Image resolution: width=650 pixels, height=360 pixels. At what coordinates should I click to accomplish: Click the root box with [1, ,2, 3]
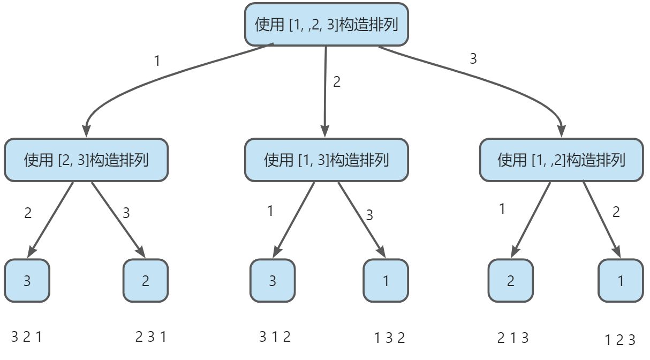[327, 25]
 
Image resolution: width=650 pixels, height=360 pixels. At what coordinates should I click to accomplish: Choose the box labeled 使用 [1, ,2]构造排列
[561, 160]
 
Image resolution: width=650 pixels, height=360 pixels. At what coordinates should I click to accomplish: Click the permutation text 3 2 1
[26, 337]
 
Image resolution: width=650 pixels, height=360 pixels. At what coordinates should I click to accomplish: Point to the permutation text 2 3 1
[151, 337]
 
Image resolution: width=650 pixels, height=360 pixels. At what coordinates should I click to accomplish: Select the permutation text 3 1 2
[275, 337]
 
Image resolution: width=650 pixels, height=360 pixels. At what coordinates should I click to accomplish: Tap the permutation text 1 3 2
[389, 338]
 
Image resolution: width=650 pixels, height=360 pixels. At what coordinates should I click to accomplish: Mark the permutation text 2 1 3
[513, 338]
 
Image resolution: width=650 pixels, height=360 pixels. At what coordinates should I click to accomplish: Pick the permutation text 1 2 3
[620, 340]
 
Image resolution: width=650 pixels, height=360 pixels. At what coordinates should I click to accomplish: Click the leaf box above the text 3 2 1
[27, 281]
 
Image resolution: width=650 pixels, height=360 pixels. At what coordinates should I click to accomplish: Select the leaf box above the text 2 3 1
[146, 281]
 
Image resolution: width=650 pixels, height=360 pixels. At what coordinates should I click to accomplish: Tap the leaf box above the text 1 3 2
[386, 281]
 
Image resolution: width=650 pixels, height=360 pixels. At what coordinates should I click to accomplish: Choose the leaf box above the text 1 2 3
[621, 281]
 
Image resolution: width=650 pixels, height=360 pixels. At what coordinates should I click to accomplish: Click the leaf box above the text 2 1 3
[510, 281]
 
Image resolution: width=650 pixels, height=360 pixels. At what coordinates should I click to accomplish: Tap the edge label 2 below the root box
[337, 82]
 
